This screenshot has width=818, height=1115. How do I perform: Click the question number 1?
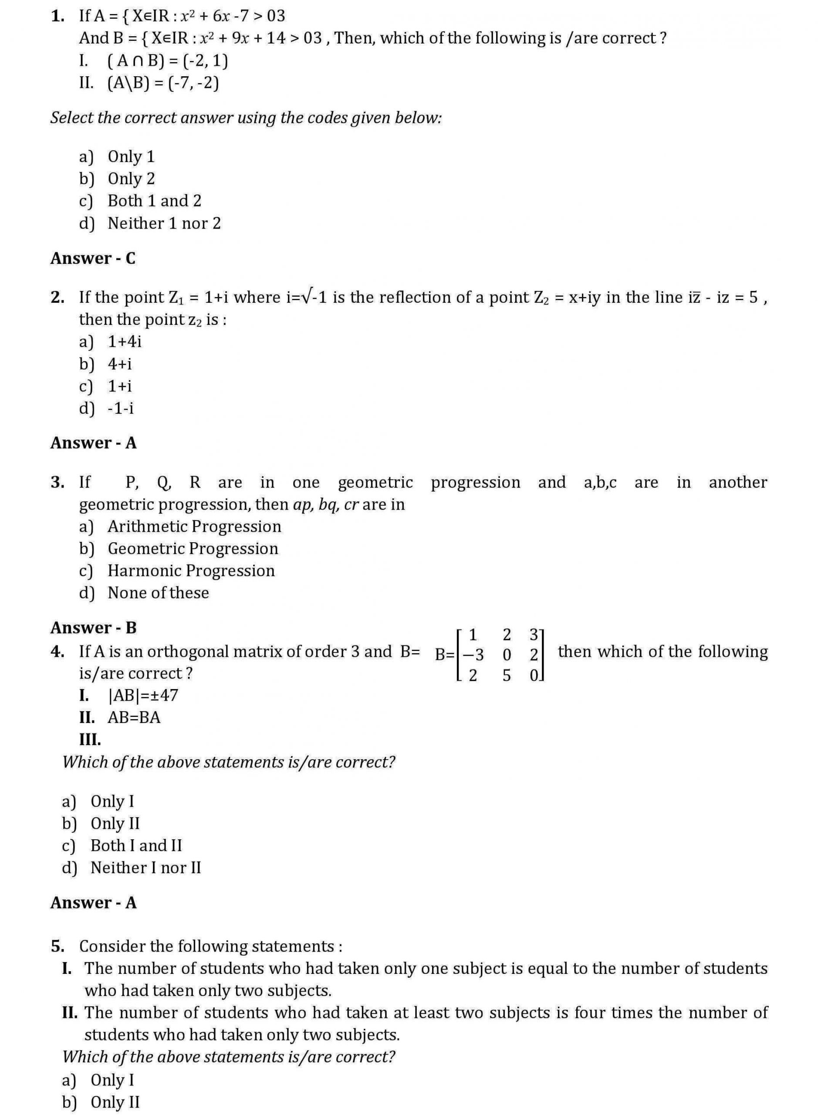[57, 17]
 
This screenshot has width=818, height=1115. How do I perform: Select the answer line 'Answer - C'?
[93, 258]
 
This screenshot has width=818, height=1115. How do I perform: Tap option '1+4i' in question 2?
[124, 341]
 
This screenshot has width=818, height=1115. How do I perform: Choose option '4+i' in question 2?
[120, 364]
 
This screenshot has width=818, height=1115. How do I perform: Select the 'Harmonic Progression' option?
[191, 571]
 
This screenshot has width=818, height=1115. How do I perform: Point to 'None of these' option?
[158, 593]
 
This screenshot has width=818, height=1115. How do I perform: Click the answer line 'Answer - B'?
[93, 628]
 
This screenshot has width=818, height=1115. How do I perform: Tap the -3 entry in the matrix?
[473, 655]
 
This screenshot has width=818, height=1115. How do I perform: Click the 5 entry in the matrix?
[507, 676]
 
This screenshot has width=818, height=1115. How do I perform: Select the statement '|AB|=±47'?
[142, 696]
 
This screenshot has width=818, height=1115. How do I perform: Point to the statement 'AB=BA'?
[134, 718]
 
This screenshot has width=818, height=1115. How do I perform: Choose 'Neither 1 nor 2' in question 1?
[164, 224]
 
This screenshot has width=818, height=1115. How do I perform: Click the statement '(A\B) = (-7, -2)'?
[163, 83]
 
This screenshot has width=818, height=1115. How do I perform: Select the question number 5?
[57, 946]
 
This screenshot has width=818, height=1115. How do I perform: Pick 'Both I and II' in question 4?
[136, 845]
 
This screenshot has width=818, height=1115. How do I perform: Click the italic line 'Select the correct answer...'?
[246, 118]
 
